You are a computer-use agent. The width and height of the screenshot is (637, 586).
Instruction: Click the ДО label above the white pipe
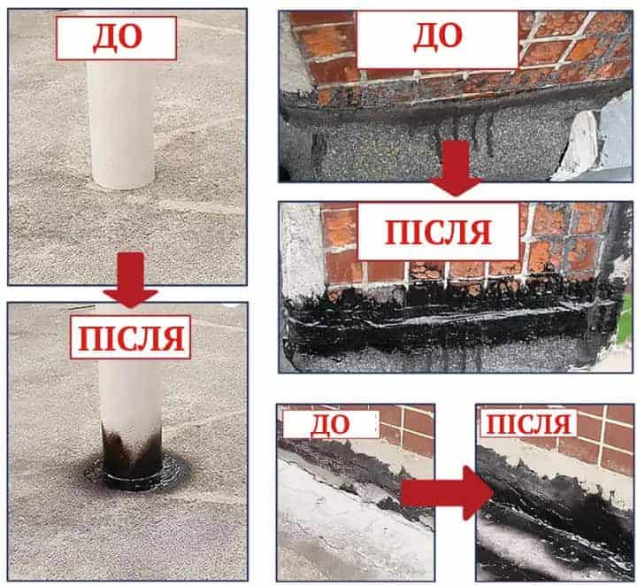[x=116, y=38]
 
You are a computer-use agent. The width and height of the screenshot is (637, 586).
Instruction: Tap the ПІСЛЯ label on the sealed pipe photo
[x=130, y=337]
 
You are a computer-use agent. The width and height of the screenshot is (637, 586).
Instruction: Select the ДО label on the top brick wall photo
[x=438, y=38]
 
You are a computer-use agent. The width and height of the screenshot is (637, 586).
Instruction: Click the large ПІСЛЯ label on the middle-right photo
[x=438, y=232]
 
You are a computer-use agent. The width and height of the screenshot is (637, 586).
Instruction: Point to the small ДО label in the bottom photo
[x=331, y=425]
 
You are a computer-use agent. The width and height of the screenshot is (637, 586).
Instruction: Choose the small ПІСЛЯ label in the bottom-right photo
[x=528, y=423]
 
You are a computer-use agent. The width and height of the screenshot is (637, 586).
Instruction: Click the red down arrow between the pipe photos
[x=130, y=280]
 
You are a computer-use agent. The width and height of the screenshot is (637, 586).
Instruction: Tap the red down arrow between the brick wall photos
[x=456, y=168]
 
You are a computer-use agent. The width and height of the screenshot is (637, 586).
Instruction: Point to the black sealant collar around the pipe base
[x=132, y=476]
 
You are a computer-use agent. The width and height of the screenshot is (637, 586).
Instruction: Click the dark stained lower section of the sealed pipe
[x=132, y=451]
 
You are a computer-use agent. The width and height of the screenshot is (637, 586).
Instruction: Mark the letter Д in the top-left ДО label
[x=104, y=38]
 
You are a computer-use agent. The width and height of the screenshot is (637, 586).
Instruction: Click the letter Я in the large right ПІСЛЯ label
[x=479, y=233]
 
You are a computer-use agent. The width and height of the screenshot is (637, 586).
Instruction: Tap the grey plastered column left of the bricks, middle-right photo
[x=302, y=252]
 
